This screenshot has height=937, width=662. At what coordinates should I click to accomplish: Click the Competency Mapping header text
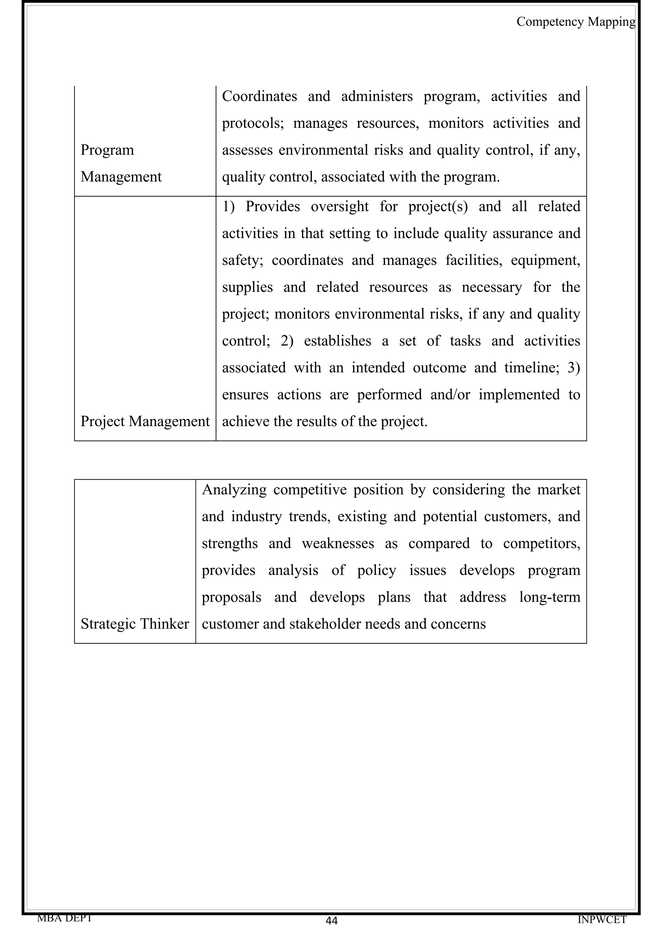(575, 22)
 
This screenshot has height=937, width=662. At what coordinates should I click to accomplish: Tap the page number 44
(331, 921)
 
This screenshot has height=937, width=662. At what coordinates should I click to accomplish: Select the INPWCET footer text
(602, 920)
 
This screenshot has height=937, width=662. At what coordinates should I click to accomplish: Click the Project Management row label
(145, 421)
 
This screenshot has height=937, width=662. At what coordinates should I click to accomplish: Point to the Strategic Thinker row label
(134, 624)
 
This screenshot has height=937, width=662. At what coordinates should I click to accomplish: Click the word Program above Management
(107, 150)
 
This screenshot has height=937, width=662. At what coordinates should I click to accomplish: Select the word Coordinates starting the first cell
(260, 96)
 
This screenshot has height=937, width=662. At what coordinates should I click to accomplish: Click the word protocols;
(253, 123)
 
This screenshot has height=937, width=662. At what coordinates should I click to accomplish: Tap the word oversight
(339, 207)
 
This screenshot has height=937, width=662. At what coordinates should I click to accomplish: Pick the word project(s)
(438, 207)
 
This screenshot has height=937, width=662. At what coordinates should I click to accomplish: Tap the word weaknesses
(338, 543)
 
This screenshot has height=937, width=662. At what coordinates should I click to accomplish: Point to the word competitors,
(541, 543)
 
